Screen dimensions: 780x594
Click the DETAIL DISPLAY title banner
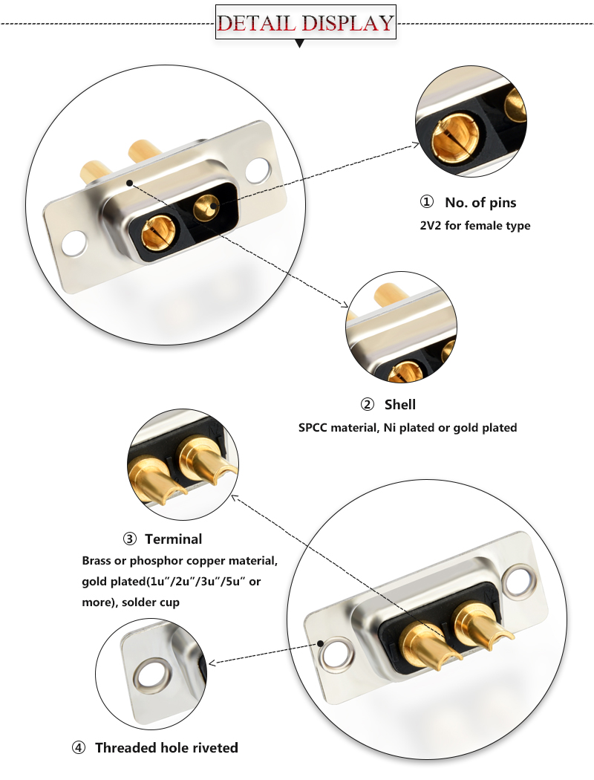(305, 22)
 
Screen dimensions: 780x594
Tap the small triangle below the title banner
(300, 45)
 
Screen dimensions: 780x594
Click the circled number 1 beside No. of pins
(426, 202)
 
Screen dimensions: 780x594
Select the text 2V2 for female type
(475, 225)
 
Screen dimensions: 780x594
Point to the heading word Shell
(399, 405)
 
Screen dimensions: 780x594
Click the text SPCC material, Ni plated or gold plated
(408, 428)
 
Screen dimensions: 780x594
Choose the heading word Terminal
(173, 539)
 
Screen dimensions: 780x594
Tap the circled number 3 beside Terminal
(130, 539)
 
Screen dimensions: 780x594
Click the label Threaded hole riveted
(166, 747)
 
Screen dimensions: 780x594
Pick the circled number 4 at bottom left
(79, 747)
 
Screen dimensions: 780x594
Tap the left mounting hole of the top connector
(74, 242)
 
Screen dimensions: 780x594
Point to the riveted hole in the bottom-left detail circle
(151, 676)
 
